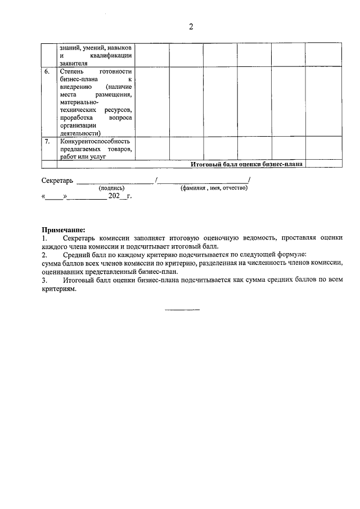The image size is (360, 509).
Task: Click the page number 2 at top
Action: click(191, 27)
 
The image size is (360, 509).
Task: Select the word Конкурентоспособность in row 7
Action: click(94, 142)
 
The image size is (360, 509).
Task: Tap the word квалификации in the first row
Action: click(112, 56)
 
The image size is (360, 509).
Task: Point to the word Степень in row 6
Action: click(71, 72)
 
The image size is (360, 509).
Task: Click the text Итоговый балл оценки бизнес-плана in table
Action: click(246, 164)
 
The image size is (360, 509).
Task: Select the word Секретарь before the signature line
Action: click(57, 181)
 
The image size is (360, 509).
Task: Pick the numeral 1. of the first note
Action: click(44, 238)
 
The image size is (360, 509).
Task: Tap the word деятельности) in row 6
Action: click(80, 134)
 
